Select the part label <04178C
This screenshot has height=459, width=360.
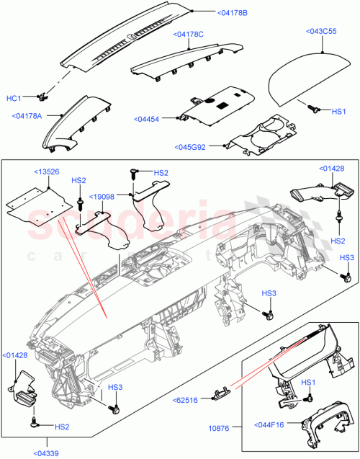coord(188,34)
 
